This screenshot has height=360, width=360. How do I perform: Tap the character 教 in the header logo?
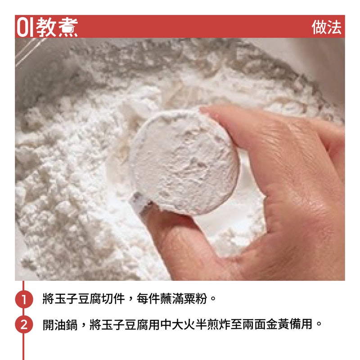coord(45,27)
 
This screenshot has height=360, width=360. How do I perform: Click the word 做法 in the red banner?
coord(326,27)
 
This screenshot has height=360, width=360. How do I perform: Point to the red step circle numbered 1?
coord(24,299)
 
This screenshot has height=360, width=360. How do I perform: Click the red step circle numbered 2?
coord(24,324)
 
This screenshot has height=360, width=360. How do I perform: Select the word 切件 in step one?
coord(113,299)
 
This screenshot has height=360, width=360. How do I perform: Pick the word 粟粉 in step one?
coord(195,299)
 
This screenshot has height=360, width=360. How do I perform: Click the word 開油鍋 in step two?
coord(60,324)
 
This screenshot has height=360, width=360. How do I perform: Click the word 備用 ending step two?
coord(301,324)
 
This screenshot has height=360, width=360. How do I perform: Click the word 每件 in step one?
coord(148,299)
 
